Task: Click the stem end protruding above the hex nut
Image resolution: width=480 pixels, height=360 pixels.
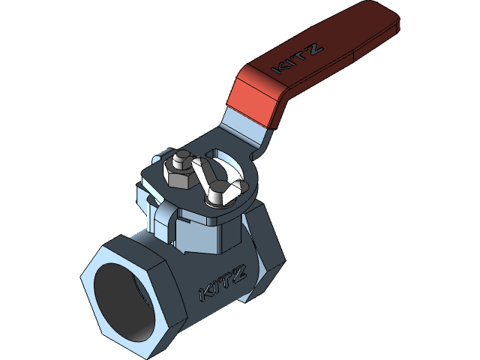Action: click(x=180, y=160)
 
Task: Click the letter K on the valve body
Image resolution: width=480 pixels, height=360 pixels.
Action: click(x=204, y=292)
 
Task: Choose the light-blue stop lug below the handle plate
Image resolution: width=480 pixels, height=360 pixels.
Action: click(x=161, y=221)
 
